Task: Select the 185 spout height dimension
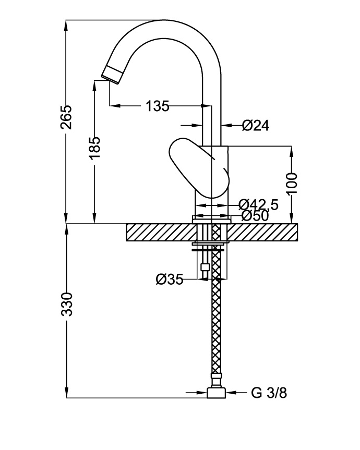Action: pyautogui.click(x=94, y=151)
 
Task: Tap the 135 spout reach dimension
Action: pyautogui.click(x=158, y=106)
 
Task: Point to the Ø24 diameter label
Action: pyautogui.click(x=256, y=125)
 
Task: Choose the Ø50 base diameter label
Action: pyautogui.click(x=255, y=215)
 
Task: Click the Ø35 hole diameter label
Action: pyautogui.click(x=169, y=280)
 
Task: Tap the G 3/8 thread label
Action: pyautogui.click(x=269, y=393)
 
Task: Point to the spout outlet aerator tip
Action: pyautogui.click(x=112, y=74)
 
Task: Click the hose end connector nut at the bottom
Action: pyautogui.click(x=216, y=393)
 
